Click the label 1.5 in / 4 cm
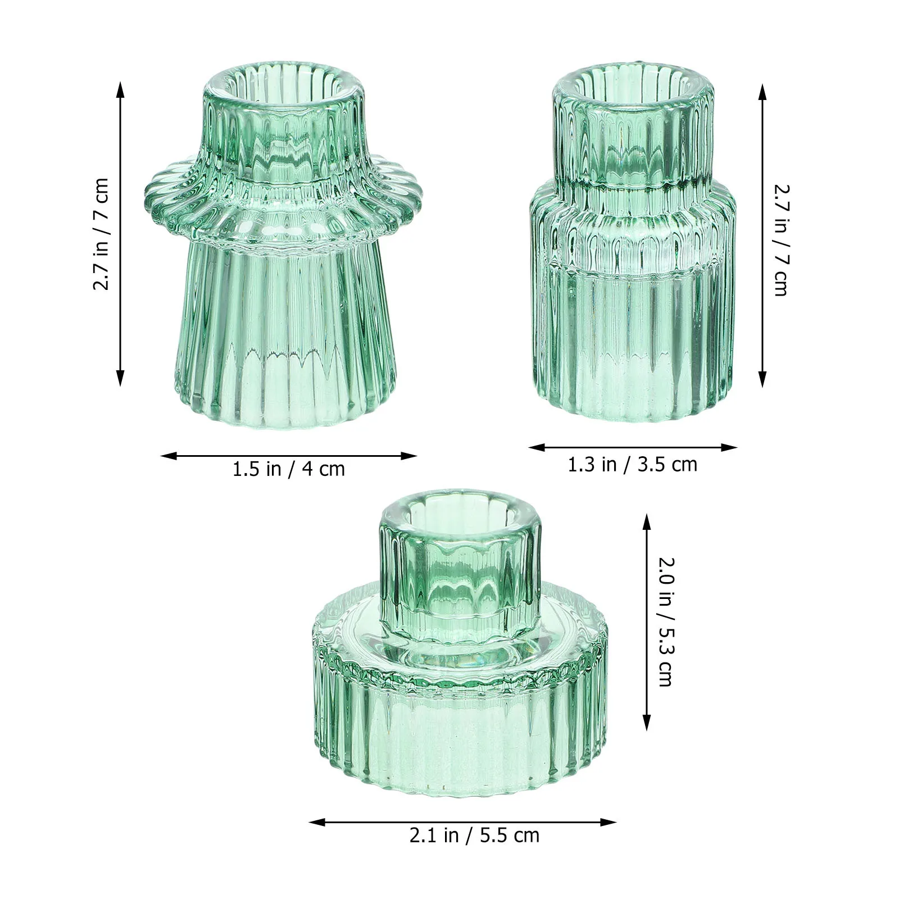click(x=288, y=469)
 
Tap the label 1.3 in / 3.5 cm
click(x=632, y=465)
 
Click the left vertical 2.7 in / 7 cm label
click(x=101, y=234)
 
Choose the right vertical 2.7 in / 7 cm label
click(x=781, y=240)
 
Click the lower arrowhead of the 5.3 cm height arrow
click(x=646, y=726)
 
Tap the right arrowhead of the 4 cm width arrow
click(x=413, y=456)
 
